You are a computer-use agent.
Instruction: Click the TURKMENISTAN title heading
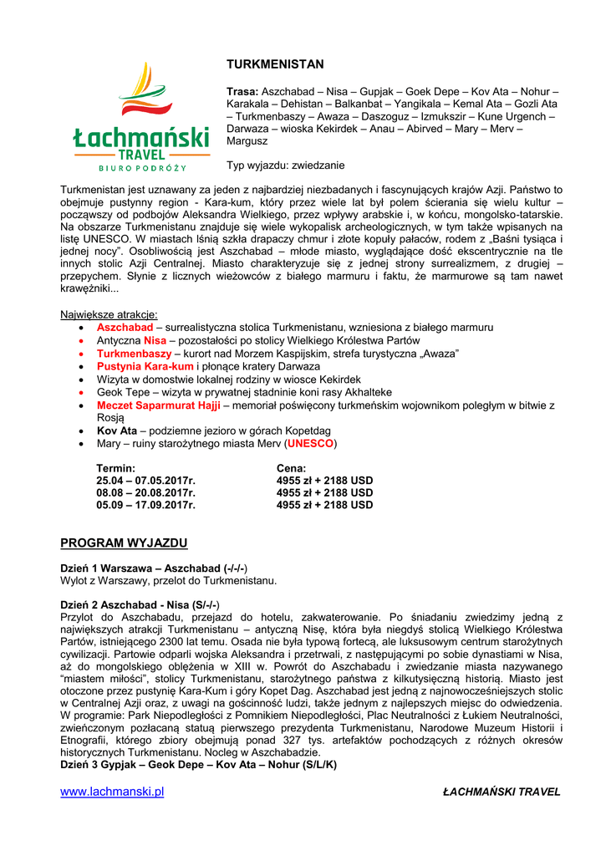point(275,64)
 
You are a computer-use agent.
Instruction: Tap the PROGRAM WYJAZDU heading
point(124,543)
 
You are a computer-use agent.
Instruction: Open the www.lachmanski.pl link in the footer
point(112,792)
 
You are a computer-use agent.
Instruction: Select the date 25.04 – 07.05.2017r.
point(145,481)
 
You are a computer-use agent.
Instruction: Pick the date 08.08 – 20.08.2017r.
point(145,493)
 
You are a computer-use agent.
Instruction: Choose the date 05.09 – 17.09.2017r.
point(145,505)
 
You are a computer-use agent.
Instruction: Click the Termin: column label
point(116,468)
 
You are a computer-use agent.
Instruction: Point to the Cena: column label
point(291,468)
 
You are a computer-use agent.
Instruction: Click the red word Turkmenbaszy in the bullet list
point(134,354)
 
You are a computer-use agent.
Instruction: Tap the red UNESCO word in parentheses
point(310,443)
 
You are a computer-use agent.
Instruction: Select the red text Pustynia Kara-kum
point(145,366)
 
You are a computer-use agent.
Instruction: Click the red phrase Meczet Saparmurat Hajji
point(158,405)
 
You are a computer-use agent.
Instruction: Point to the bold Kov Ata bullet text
point(116,431)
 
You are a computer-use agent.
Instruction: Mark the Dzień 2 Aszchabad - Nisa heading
point(140,604)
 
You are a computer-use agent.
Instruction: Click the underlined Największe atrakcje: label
point(109,314)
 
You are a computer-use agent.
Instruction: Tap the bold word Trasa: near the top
point(242,90)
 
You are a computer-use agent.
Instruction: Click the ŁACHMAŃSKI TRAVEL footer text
point(502,792)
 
